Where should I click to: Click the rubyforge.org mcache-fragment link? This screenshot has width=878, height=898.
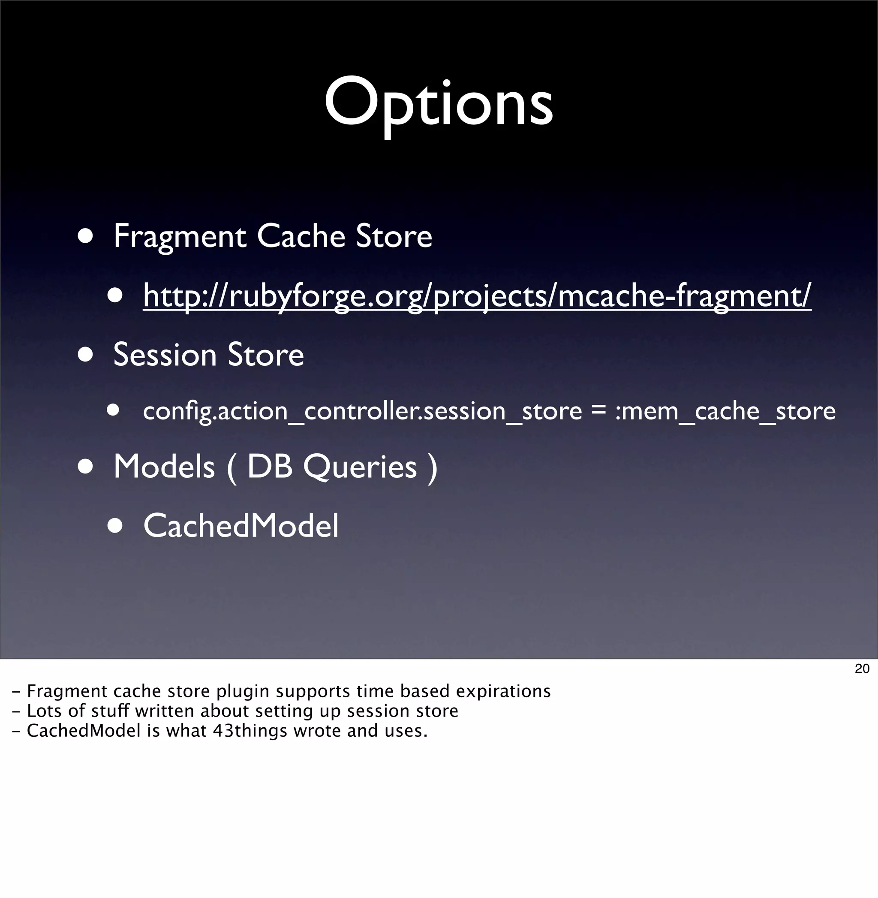(x=477, y=295)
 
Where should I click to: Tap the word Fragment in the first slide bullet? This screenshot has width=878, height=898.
(x=180, y=237)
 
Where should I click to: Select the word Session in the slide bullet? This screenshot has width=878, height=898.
(x=165, y=355)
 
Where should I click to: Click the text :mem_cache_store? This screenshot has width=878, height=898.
(x=725, y=411)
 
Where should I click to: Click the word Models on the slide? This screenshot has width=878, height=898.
(x=164, y=467)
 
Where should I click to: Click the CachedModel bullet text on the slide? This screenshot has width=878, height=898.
(x=241, y=526)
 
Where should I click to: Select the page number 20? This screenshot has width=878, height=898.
(x=862, y=669)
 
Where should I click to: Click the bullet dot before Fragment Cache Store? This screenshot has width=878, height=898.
(x=86, y=236)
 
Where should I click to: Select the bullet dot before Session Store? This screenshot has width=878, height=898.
(x=86, y=355)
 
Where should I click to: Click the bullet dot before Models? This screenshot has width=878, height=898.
(x=86, y=466)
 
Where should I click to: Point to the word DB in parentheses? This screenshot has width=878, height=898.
(x=270, y=467)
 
